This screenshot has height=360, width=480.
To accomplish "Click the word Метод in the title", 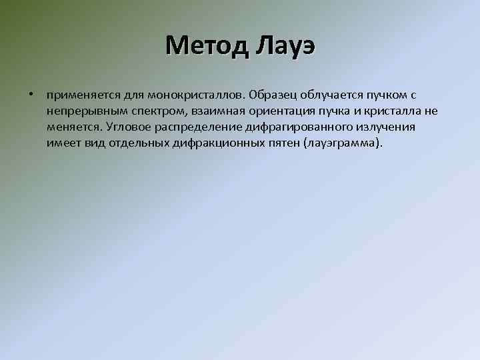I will pyautogui.click(x=204, y=46).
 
